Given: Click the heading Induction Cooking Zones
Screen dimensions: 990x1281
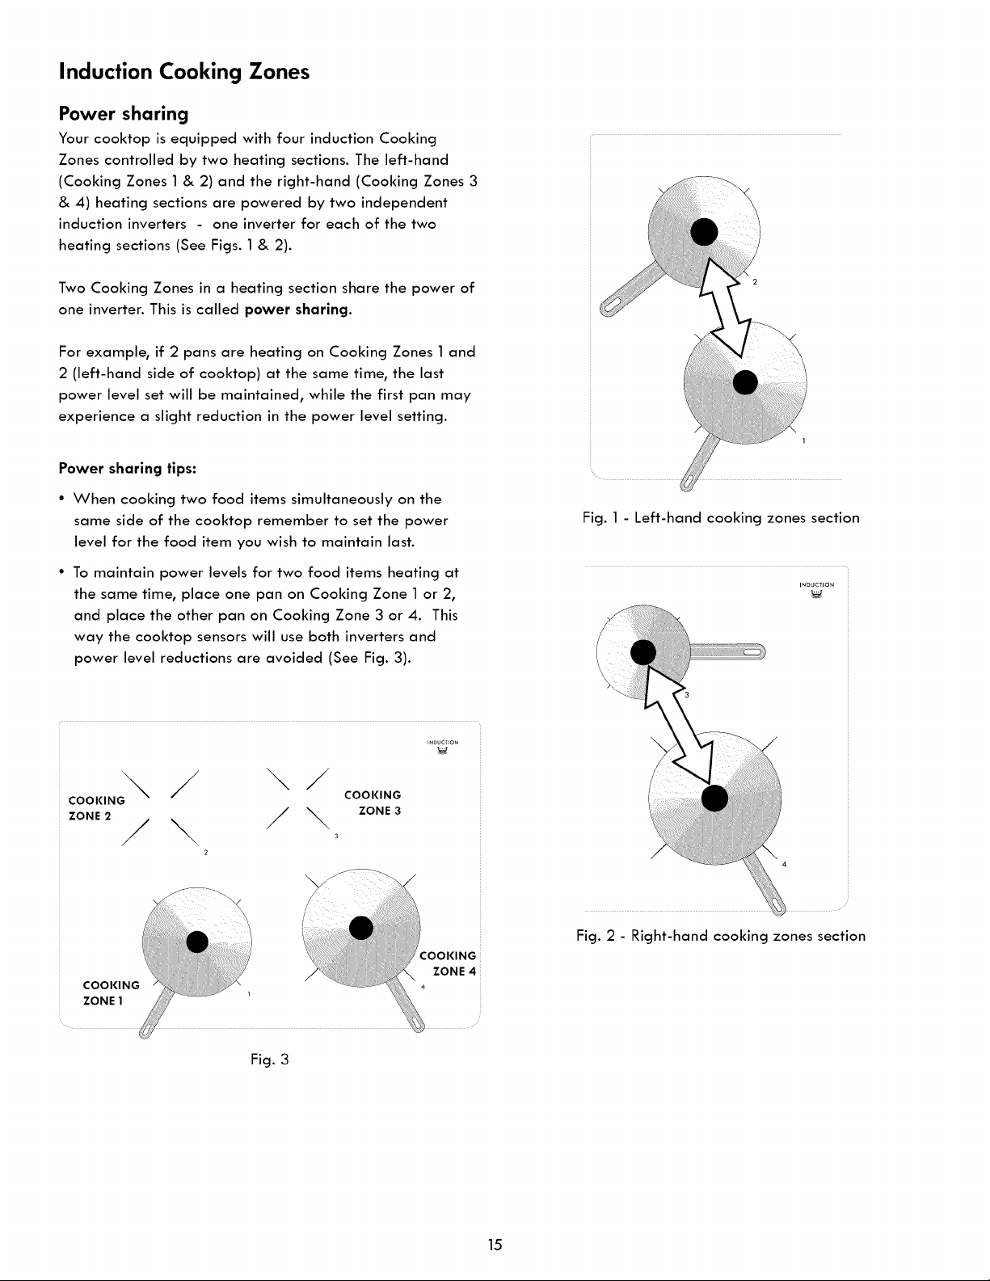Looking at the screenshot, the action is pyautogui.click(x=184, y=72).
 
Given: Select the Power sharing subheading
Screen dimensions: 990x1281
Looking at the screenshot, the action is pyautogui.click(x=124, y=113).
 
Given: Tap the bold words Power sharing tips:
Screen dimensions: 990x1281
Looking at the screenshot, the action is pyautogui.click(x=128, y=468).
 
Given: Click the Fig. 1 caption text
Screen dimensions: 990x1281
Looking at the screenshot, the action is pyautogui.click(x=721, y=517).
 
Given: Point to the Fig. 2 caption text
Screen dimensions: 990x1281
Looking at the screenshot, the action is pyautogui.click(x=721, y=936).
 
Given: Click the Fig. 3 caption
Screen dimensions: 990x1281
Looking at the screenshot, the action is pyautogui.click(x=269, y=1060).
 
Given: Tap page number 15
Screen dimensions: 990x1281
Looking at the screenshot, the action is pyautogui.click(x=495, y=1245).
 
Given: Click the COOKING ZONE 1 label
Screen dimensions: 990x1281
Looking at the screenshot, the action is pyautogui.click(x=112, y=992).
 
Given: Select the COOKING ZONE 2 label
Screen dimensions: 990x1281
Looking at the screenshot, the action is pyautogui.click(x=97, y=808).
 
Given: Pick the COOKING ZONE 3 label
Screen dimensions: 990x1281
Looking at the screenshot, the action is pyautogui.click(x=373, y=803).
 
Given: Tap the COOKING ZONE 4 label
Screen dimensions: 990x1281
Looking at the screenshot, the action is pyautogui.click(x=448, y=963).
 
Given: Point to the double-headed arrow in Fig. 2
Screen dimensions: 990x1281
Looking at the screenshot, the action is pyautogui.click(x=679, y=723).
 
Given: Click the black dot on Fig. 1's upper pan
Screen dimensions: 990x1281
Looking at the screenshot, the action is pyautogui.click(x=704, y=232).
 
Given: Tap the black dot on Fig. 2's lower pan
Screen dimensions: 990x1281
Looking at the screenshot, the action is pyautogui.click(x=714, y=799).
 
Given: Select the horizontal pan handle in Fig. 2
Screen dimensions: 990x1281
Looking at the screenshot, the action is pyautogui.click(x=727, y=651).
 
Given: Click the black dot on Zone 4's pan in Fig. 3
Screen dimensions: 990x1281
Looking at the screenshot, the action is pyautogui.click(x=361, y=927).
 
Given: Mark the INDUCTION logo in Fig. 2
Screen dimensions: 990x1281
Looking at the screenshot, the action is pyautogui.click(x=817, y=589).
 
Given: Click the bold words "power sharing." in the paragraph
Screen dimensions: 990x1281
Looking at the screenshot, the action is pyautogui.click(x=298, y=310).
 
